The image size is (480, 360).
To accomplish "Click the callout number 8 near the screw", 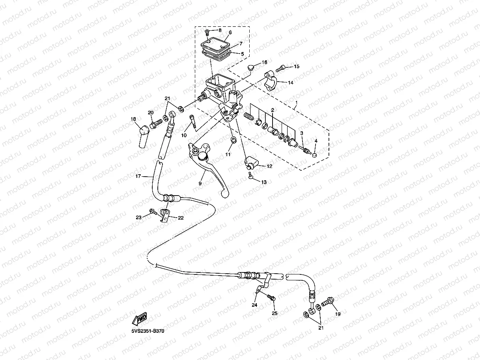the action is point(220,30).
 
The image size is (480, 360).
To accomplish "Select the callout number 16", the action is point(264,62).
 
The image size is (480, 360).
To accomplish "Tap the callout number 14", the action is point(290,82).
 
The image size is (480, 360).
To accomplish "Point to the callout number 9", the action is point(200,183).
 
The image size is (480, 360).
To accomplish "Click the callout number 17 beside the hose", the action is point(138,177).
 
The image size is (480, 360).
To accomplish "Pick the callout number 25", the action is point(275,313).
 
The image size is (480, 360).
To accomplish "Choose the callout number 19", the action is point(337,314).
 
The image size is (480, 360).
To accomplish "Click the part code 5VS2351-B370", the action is point(148,331).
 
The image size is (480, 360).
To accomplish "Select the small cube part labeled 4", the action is point(314,155).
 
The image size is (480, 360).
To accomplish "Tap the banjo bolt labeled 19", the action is point(327,302).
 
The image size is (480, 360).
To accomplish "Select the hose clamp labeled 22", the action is point(164,215).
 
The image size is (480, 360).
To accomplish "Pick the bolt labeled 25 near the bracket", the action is point(271,297).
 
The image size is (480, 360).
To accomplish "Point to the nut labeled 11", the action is point(233,141).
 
